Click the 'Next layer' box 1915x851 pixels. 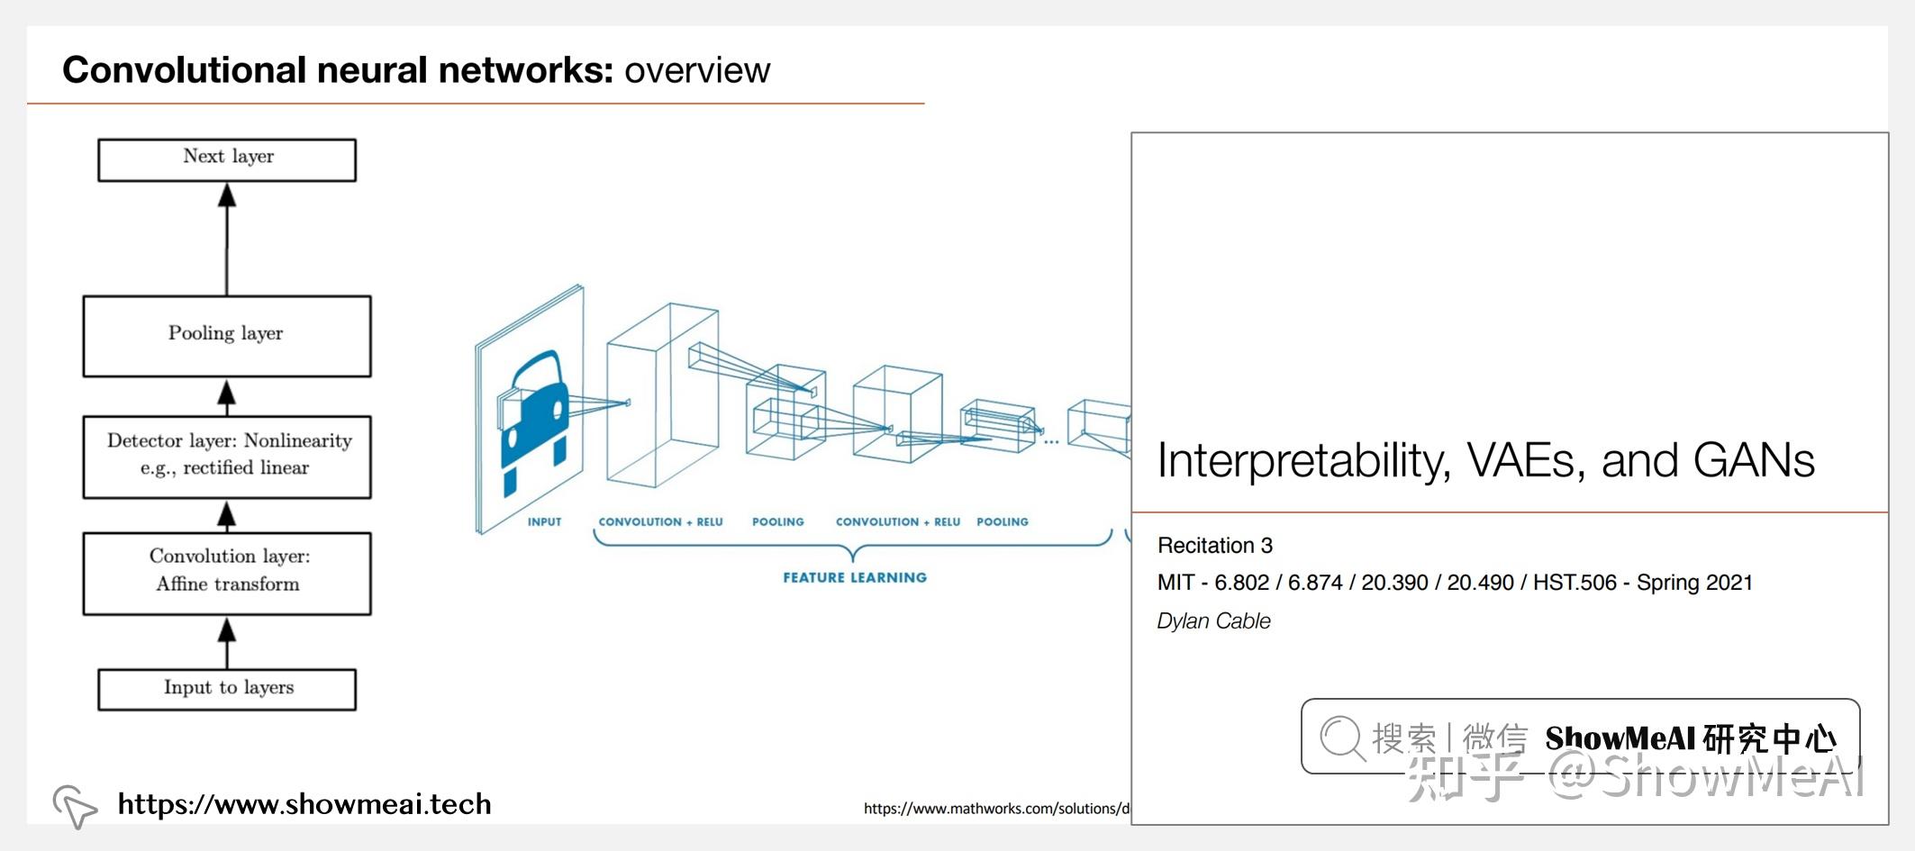(x=227, y=159)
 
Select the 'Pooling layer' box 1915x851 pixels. (x=227, y=335)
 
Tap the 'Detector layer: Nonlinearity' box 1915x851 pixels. (x=227, y=456)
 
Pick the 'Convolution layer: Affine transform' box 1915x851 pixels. (x=227, y=573)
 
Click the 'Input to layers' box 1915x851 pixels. (x=227, y=689)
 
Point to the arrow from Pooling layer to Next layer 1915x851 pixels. (x=227, y=240)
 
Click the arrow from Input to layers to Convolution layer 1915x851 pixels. (x=227, y=642)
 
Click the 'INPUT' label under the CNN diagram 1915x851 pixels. (x=544, y=522)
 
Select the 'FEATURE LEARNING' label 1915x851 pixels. (x=854, y=578)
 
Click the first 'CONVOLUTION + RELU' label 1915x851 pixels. (x=660, y=522)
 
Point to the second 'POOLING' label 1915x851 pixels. (x=1002, y=522)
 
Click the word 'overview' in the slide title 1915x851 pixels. (x=697, y=70)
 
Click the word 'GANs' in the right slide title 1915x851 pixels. (x=1753, y=461)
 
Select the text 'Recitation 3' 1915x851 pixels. (x=1214, y=546)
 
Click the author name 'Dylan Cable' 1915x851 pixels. (x=1213, y=621)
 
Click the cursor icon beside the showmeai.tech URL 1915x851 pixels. (x=75, y=805)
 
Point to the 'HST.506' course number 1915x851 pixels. (x=1575, y=584)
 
